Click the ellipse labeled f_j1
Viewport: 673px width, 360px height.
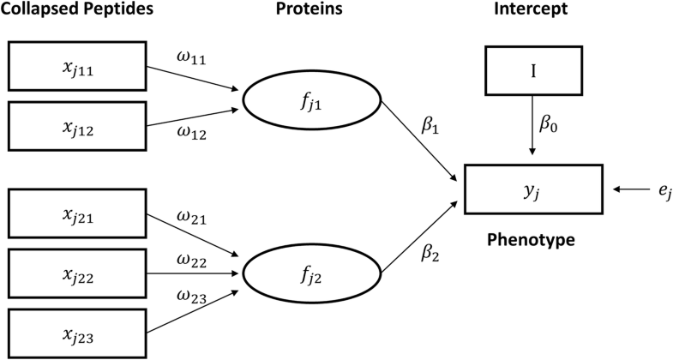click(311, 104)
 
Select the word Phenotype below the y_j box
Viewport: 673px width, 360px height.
click(532, 240)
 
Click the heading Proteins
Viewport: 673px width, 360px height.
click(310, 11)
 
